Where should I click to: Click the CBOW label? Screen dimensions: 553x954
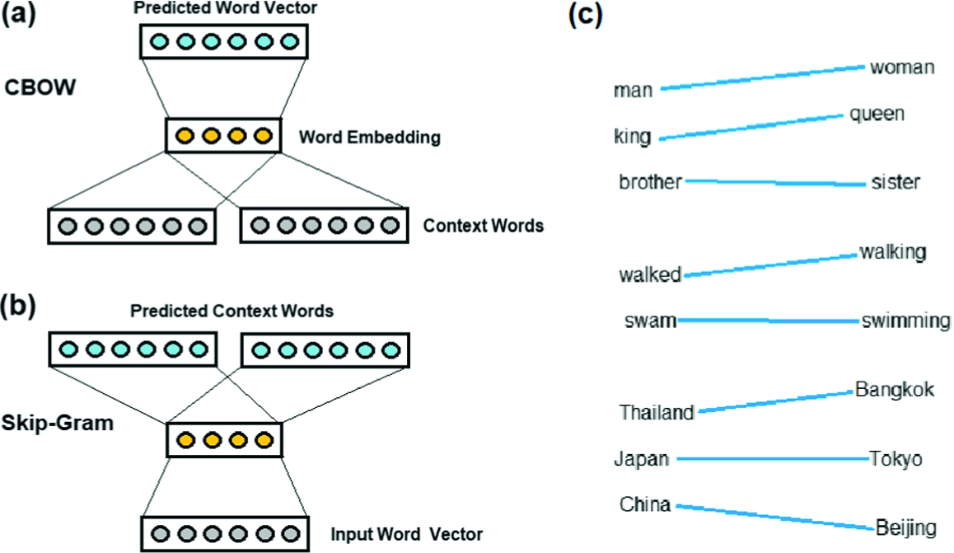(41, 87)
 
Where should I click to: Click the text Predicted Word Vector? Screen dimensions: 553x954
(224, 9)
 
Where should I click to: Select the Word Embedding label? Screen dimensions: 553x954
(368, 138)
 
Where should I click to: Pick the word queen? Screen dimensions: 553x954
(877, 115)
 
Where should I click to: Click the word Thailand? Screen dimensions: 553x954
(657, 412)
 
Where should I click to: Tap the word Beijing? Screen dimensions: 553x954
(906, 527)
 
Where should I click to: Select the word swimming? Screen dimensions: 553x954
(905, 321)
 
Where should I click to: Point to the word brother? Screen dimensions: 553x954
(650, 181)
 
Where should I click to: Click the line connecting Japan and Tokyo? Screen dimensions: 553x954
(772, 459)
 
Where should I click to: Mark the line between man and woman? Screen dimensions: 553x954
(762, 77)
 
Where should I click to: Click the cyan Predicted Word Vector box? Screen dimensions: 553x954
(224, 41)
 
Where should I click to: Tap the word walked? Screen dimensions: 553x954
(650, 275)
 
